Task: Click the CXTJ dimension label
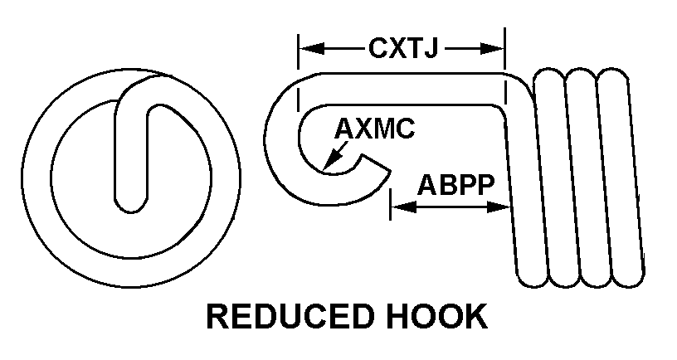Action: click(x=402, y=48)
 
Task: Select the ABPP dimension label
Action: click(x=451, y=185)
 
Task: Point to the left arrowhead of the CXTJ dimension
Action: click(x=306, y=49)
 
